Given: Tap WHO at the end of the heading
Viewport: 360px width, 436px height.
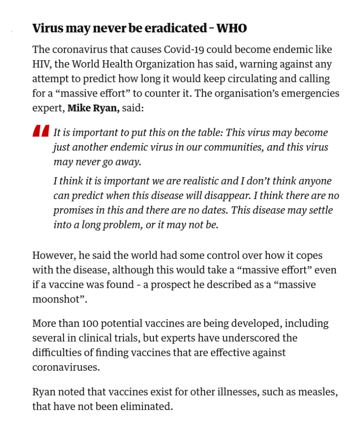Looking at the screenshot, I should pos(232,28).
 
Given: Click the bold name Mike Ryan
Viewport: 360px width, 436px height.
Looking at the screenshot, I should pos(93,108).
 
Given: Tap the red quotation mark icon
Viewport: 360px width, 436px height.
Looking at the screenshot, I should pos(41,131).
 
